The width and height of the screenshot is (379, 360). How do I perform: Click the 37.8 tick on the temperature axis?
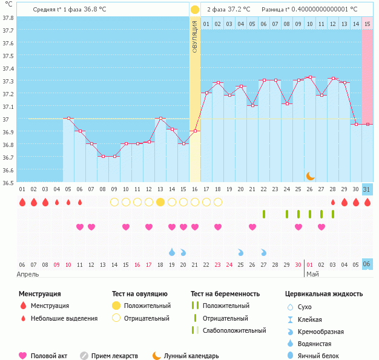[8, 18]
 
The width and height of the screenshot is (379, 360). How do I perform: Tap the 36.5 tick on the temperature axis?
[8, 182]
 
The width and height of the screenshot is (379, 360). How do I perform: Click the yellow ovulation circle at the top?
[194, 10]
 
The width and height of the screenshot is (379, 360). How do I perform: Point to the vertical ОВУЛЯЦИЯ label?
[194, 37]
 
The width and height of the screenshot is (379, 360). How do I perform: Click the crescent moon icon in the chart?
[310, 175]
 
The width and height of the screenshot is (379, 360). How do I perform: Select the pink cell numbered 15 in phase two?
[367, 24]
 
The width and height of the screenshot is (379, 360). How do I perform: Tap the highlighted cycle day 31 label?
[367, 189]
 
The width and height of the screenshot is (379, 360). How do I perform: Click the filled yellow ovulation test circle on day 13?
[160, 201]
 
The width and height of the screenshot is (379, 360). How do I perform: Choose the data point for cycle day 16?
[195, 131]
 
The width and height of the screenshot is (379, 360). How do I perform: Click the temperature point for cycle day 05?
[68, 118]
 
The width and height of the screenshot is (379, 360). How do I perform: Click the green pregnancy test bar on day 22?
[264, 214]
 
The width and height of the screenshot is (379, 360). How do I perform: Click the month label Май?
[312, 274]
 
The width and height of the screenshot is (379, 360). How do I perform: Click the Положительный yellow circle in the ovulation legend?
[116, 306]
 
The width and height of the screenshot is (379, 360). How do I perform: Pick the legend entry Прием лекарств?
[114, 356]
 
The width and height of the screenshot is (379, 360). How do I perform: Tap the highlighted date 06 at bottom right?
[367, 264]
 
